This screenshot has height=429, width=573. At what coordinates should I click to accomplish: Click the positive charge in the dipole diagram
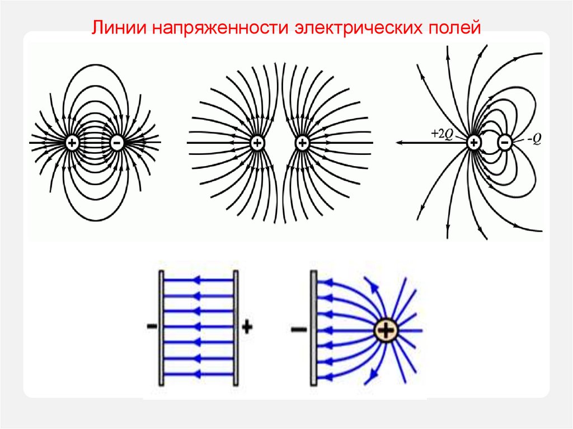(72, 143)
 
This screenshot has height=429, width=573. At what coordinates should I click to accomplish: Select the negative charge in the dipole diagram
(118, 143)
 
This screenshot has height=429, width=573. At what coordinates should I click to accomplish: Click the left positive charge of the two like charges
(257, 143)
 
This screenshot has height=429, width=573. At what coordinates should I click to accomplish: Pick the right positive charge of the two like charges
(302, 143)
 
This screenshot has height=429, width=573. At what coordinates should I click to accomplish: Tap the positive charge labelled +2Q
(473, 143)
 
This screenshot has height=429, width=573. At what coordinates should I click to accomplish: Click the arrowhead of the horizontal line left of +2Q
(400, 143)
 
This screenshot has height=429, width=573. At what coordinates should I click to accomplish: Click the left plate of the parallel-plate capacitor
(161, 327)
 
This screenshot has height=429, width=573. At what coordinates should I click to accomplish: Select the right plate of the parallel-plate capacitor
(236, 327)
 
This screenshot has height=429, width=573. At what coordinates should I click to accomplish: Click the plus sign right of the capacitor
(247, 328)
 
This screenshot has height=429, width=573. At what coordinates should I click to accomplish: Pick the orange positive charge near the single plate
(385, 331)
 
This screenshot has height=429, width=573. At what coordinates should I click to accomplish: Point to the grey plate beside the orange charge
(314, 327)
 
